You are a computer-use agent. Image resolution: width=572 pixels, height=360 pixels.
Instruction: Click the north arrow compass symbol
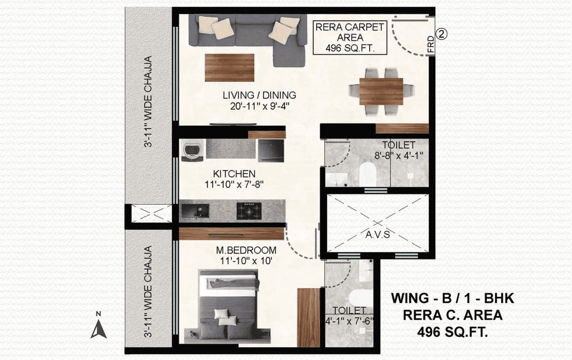coord(99,325)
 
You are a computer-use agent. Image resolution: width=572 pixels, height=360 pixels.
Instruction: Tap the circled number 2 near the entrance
coord(442,34)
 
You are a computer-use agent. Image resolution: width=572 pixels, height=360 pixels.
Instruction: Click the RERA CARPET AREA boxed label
coord(349,38)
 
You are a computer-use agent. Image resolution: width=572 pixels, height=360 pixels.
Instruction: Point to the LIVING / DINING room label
coord(259,95)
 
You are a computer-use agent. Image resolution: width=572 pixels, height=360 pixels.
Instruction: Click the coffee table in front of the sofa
coord(230,68)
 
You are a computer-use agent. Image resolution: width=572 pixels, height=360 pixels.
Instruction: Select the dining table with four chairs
coord(381,91)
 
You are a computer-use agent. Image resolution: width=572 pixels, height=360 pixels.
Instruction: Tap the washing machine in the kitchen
coord(193,150)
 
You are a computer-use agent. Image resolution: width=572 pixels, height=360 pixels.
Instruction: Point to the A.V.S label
coord(378,234)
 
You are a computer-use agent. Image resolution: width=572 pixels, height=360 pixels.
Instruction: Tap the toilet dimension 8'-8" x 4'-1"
coord(398,156)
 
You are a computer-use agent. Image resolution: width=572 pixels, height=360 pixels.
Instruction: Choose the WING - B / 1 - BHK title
coord(453,298)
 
